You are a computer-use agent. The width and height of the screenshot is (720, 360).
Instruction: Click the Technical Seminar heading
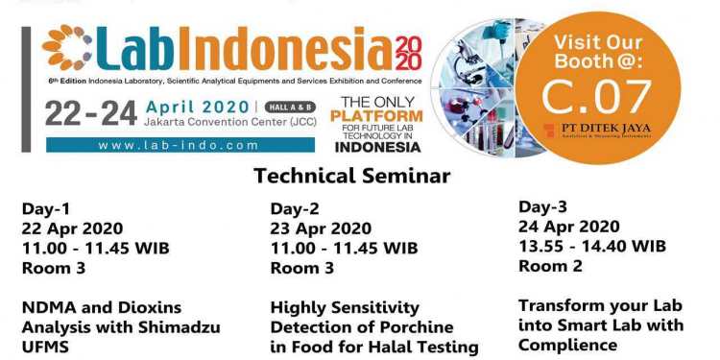point(360,178)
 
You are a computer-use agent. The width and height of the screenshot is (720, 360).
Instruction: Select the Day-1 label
point(45,208)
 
